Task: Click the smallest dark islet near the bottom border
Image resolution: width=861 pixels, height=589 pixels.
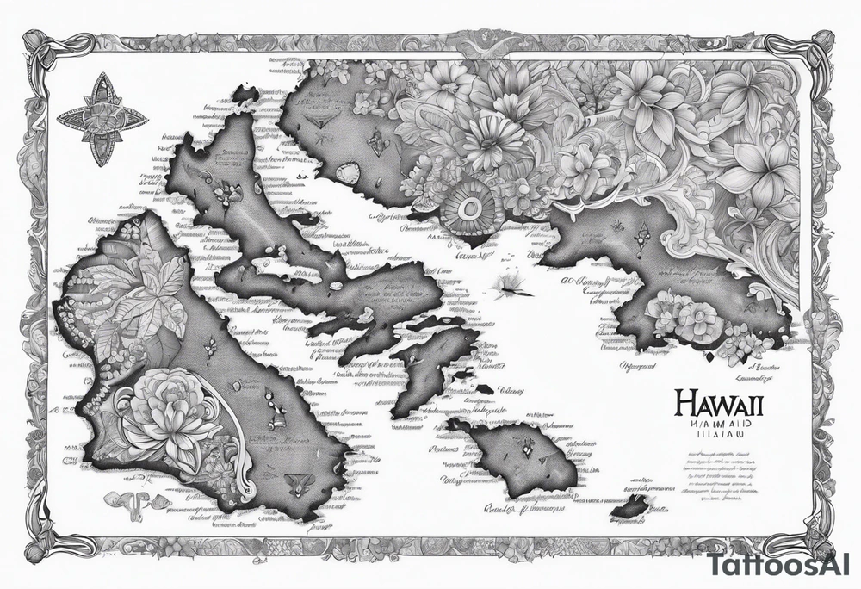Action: [x=631, y=508]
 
